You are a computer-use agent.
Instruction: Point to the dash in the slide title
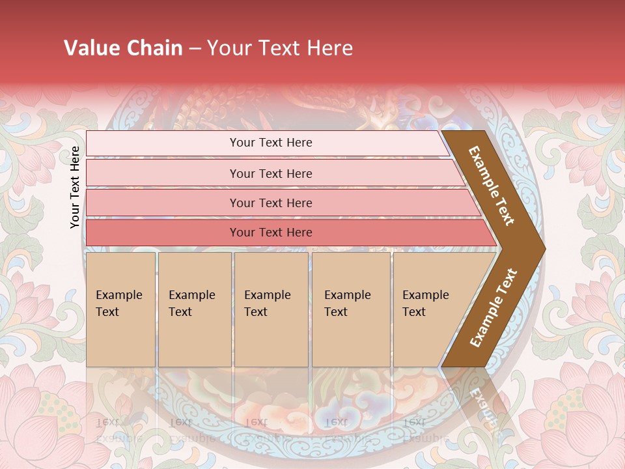tap(195, 49)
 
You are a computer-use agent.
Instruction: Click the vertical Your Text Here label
tap(75, 187)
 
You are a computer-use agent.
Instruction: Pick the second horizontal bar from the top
tap(271, 173)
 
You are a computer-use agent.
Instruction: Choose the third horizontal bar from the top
tap(271, 203)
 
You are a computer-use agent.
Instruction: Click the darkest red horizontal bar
tap(271, 233)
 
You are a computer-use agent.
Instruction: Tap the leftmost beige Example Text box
tap(120, 309)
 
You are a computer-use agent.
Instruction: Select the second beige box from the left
tap(195, 309)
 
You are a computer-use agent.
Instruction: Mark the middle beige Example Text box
tap(271, 309)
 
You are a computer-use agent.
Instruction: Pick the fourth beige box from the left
tap(351, 309)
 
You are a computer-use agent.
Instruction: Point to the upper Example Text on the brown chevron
tap(492, 186)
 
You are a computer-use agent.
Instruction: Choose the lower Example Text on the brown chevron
tap(493, 308)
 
